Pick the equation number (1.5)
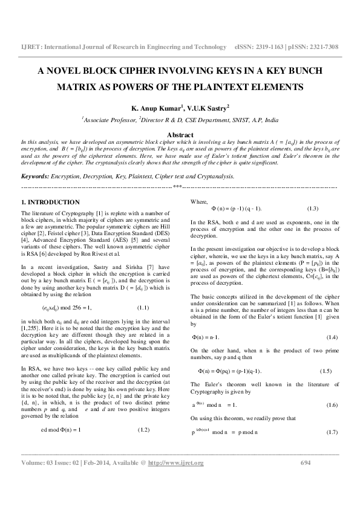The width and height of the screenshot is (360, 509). pos(326,371)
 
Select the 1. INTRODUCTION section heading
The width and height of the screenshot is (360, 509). pos(50,202)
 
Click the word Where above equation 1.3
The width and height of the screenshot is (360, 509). pos(199,201)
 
